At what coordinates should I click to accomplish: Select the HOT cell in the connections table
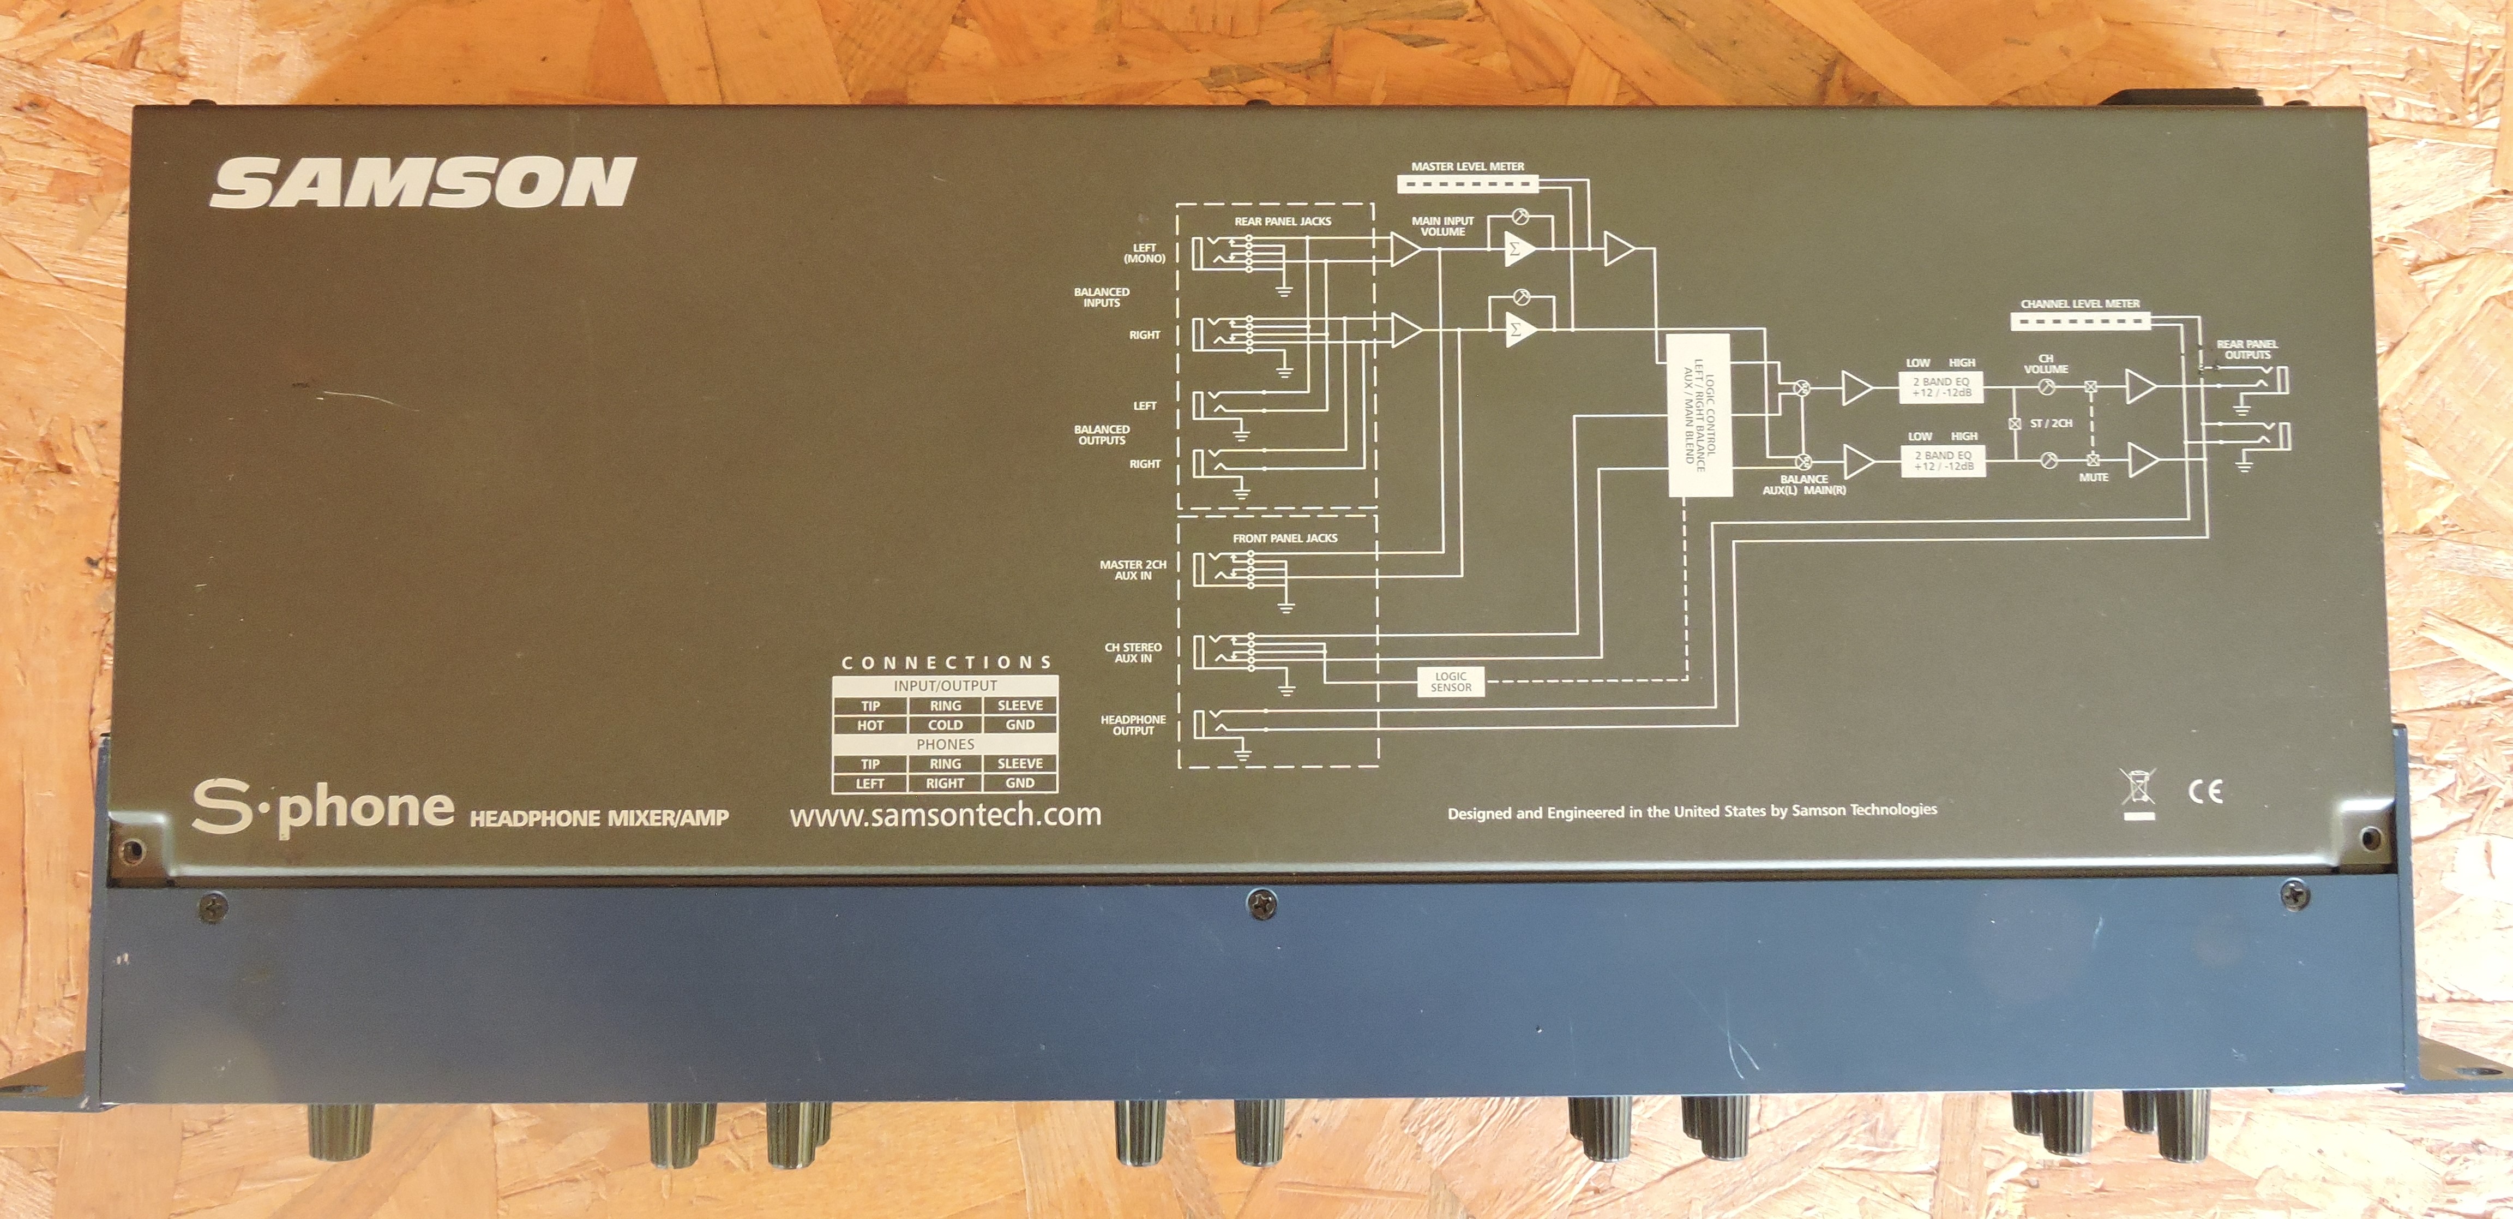(x=870, y=725)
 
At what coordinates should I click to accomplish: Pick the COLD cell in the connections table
(x=945, y=725)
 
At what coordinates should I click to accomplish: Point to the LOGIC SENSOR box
(x=1451, y=681)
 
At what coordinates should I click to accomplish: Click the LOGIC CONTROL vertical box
(x=1698, y=415)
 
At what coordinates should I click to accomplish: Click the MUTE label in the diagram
(x=2094, y=477)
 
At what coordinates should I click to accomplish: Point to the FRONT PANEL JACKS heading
(x=1285, y=538)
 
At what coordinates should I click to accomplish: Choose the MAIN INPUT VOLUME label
(x=1442, y=226)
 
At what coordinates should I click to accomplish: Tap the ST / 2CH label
(x=2051, y=423)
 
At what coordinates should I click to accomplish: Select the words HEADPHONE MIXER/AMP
(x=599, y=818)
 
